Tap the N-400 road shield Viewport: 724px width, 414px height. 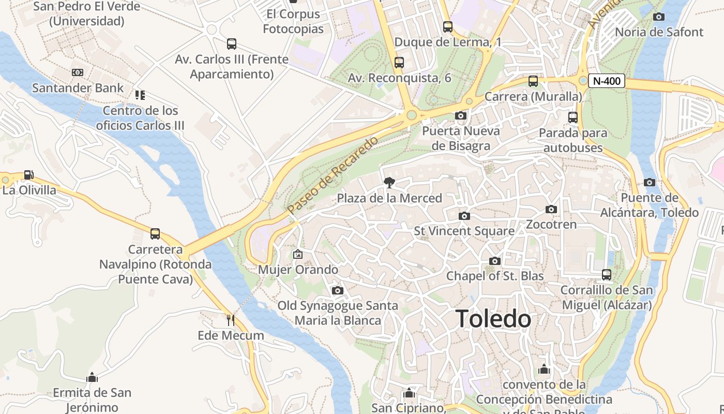coord(607,81)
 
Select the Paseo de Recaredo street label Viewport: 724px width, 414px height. coord(333,175)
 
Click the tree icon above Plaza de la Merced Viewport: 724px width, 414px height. coord(389,182)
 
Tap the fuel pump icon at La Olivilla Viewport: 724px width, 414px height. coord(29,175)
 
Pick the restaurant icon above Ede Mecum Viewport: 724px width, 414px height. coord(231,320)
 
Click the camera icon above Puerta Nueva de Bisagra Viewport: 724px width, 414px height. coord(461,115)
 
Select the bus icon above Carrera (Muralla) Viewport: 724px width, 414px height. coord(533,81)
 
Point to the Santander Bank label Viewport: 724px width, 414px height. coord(78,88)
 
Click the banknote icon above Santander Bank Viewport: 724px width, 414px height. coord(78,72)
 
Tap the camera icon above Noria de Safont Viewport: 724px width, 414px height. coord(659,17)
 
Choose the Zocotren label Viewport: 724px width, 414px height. coord(551,225)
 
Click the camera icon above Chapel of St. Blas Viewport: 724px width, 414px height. coord(495,261)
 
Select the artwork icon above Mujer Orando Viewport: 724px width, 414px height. coord(297,254)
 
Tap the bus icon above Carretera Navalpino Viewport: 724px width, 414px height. coord(155,234)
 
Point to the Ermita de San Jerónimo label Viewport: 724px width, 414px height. coord(92,400)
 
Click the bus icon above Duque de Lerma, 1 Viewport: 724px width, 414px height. coord(448,26)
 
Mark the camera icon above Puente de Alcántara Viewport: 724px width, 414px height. coord(650,182)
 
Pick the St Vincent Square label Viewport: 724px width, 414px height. coord(464,231)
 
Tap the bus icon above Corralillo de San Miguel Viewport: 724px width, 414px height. coord(607,274)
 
